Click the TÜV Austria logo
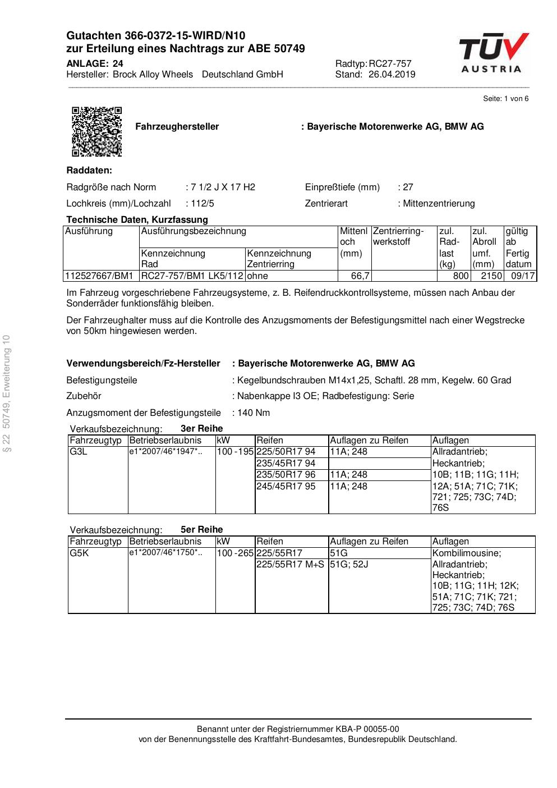494,53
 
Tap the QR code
97,131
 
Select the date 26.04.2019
392,75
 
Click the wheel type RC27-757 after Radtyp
390,64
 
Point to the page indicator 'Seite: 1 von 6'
505,99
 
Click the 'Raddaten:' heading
89,171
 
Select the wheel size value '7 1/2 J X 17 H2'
223,187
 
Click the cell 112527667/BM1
100,276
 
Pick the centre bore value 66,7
360,276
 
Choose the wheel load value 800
461,276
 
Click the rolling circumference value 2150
491,276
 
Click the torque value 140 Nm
254,413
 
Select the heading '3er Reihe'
201,429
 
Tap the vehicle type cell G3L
79,452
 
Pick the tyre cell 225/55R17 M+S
290,564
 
